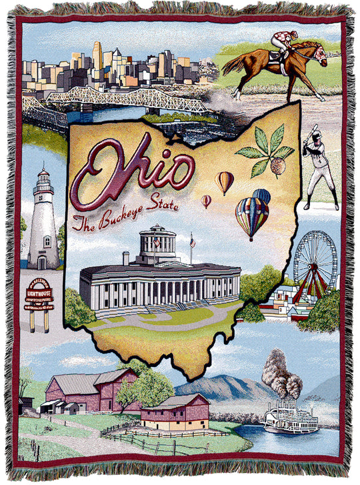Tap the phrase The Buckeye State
coord(127,211)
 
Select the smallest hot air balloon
coord(207,200)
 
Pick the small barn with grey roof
coord(174,412)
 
